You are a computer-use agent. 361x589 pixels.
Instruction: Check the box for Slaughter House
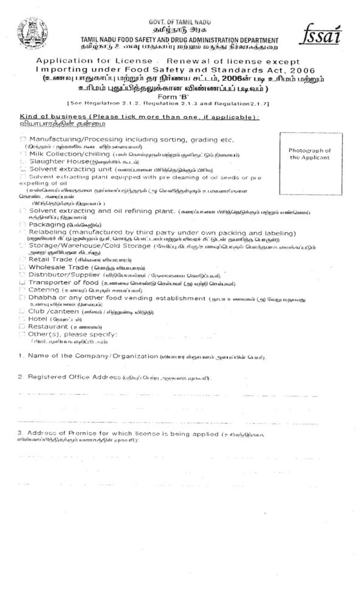click(x=23, y=163)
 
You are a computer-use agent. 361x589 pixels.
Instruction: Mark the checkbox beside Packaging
click(x=23, y=225)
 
